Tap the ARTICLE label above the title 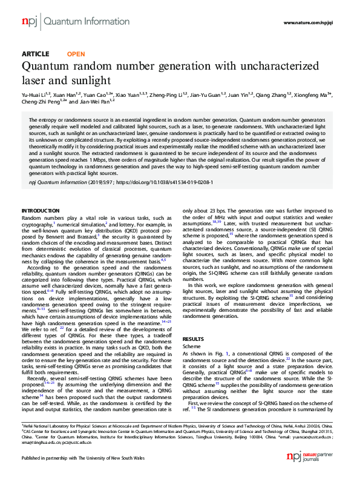[x=35, y=54]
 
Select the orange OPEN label [x=76, y=54]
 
